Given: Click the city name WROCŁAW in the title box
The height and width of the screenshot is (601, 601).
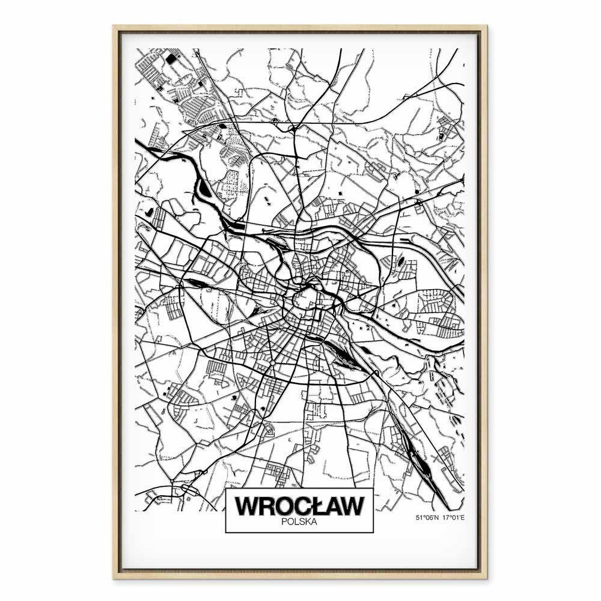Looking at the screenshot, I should (299, 505).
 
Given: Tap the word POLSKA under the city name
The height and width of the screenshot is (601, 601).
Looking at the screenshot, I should (299, 522).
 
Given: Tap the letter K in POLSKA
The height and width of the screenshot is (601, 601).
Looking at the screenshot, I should (307, 522).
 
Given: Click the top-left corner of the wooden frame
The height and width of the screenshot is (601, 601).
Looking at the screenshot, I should (114, 26).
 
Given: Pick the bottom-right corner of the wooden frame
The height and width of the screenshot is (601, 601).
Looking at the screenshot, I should (487, 578).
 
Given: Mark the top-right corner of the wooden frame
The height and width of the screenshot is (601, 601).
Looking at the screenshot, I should (487, 26).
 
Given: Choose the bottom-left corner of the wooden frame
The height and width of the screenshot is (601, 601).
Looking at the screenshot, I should (114, 578).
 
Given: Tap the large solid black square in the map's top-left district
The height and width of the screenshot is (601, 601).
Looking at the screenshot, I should (172, 59).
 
